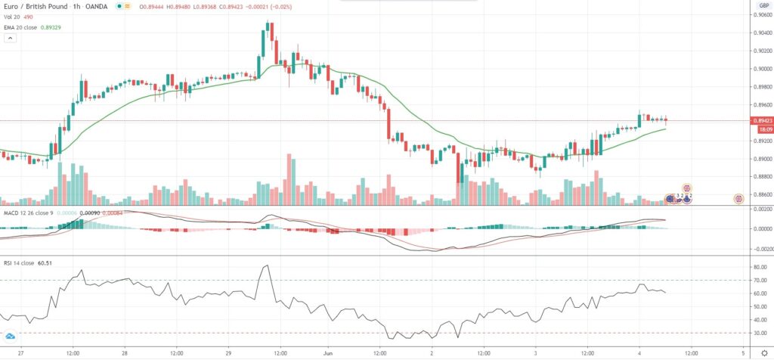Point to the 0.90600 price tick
point(760,14)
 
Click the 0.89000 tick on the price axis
point(760,159)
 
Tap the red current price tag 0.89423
point(760,120)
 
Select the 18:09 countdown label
point(759,129)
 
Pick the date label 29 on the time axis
point(225,352)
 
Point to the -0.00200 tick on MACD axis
point(759,247)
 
